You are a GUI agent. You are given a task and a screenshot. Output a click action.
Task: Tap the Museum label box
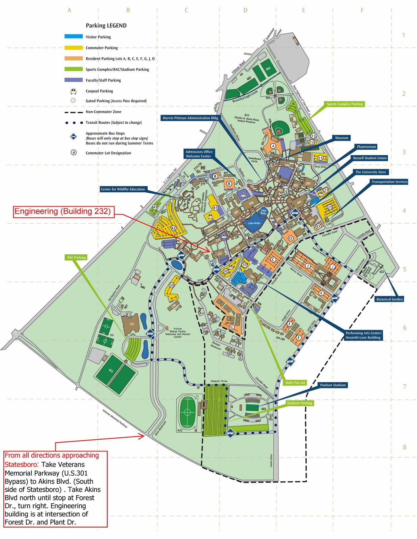click(341, 138)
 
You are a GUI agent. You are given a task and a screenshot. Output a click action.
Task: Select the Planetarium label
click(366, 147)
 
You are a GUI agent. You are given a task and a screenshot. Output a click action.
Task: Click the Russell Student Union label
click(370, 158)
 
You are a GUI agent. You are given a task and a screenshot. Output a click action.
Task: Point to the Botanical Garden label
click(389, 299)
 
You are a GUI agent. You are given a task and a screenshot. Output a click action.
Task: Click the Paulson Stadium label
click(333, 385)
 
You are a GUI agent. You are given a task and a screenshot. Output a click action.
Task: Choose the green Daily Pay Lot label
click(295, 383)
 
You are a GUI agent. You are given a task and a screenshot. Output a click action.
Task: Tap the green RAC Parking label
click(77, 257)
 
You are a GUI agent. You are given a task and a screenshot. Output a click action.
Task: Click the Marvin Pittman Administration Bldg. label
click(190, 118)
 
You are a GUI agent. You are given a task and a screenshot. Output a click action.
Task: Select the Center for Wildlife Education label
click(123, 189)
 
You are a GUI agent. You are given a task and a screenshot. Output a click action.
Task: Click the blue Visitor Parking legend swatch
click(73, 36)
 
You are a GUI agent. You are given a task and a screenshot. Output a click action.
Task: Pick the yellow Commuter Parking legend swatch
click(73, 47)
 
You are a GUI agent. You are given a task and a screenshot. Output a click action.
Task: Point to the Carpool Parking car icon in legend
click(73, 91)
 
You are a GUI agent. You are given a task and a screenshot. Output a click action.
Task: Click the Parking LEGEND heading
click(106, 26)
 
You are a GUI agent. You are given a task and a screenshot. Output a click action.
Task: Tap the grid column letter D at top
click(245, 10)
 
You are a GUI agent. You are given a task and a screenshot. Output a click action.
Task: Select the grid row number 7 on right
click(405, 386)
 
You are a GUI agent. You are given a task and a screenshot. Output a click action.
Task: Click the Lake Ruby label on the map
click(263, 212)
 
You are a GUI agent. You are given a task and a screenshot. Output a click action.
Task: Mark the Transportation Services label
click(389, 182)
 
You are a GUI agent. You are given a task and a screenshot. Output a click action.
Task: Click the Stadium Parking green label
click(300, 403)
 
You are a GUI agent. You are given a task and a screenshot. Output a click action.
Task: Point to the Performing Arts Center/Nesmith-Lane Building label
click(363, 335)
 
